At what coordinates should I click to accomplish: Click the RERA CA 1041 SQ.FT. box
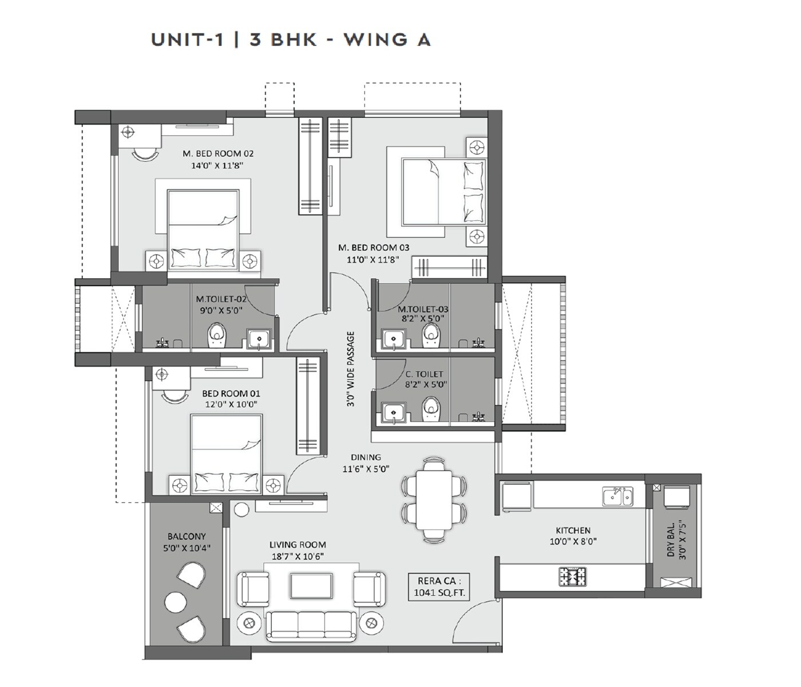tap(439, 586)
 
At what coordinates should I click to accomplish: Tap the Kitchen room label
tap(573, 531)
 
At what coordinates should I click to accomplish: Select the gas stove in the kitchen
tap(572, 577)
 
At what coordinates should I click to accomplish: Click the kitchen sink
tap(617, 496)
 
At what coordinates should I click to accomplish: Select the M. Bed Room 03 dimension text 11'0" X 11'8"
tap(372, 259)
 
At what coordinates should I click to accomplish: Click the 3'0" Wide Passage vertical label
tap(350, 369)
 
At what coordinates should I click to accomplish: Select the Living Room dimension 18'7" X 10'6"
tap(298, 556)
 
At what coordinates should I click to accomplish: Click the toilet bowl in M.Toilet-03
tap(431, 336)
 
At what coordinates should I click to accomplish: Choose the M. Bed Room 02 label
tap(218, 153)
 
